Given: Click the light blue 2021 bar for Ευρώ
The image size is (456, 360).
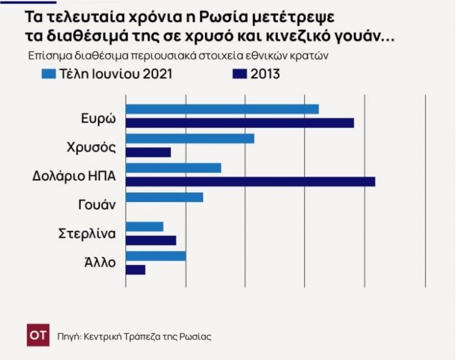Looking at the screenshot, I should (x=222, y=109).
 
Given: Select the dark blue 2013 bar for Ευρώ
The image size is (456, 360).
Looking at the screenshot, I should (x=240, y=123).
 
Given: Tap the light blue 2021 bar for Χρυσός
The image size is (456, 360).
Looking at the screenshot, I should (x=190, y=139).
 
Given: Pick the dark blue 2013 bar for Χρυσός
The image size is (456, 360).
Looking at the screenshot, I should (x=148, y=152).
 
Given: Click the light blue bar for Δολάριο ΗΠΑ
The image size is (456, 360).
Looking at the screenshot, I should (x=173, y=168).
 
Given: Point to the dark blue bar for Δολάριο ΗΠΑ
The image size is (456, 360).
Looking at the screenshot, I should (x=250, y=181).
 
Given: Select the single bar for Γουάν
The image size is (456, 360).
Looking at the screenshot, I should (x=164, y=197).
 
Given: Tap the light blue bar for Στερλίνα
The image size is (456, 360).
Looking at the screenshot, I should (x=144, y=227).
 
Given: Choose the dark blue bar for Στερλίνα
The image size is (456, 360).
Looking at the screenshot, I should (x=151, y=240).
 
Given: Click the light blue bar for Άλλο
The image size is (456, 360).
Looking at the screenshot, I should (x=156, y=256).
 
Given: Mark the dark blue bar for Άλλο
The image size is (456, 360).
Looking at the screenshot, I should (x=136, y=269).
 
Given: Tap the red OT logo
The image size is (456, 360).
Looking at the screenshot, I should (x=38, y=336).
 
